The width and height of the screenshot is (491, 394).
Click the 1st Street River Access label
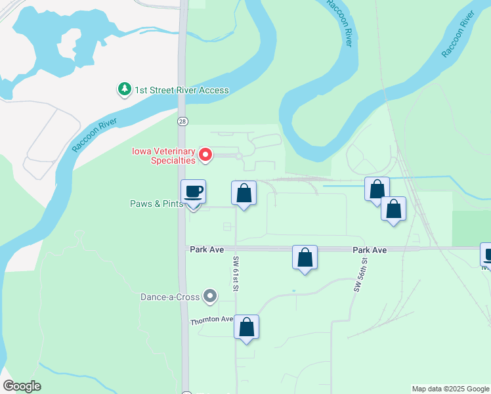pyautogui.click(x=182, y=90)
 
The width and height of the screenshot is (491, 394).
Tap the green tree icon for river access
pyautogui.click(x=124, y=89)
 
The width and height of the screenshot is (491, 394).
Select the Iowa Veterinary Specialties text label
pyautogui.click(x=163, y=155)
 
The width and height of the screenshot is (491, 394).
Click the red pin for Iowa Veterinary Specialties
pyautogui.click(x=205, y=155)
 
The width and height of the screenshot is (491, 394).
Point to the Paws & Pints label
pyautogui.click(x=156, y=204)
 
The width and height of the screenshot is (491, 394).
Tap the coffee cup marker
pyautogui.click(x=193, y=192)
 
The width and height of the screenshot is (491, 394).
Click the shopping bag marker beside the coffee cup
pyautogui.click(x=244, y=193)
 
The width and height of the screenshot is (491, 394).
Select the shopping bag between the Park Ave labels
pyautogui.click(x=305, y=257)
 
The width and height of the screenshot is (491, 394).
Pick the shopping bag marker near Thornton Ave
pyautogui.click(x=246, y=326)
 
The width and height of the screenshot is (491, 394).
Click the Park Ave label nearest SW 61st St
pyautogui.click(x=207, y=250)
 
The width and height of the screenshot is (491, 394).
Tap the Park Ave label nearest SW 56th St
pyautogui.click(x=370, y=250)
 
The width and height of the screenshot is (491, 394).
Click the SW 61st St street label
pyautogui.click(x=235, y=274)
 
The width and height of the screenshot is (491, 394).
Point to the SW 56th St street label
pyautogui.click(x=359, y=274)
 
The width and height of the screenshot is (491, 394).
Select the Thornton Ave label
pyautogui.click(x=212, y=320)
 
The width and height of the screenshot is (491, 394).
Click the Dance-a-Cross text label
pyautogui.click(x=169, y=297)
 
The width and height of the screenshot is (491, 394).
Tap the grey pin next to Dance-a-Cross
pyautogui.click(x=210, y=297)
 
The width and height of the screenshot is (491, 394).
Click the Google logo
pyautogui.click(x=22, y=386)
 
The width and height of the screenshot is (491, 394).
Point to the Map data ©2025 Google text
pyautogui.click(x=450, y=389)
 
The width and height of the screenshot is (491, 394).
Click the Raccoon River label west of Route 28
pyautogui.click(x=95, y=136)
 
